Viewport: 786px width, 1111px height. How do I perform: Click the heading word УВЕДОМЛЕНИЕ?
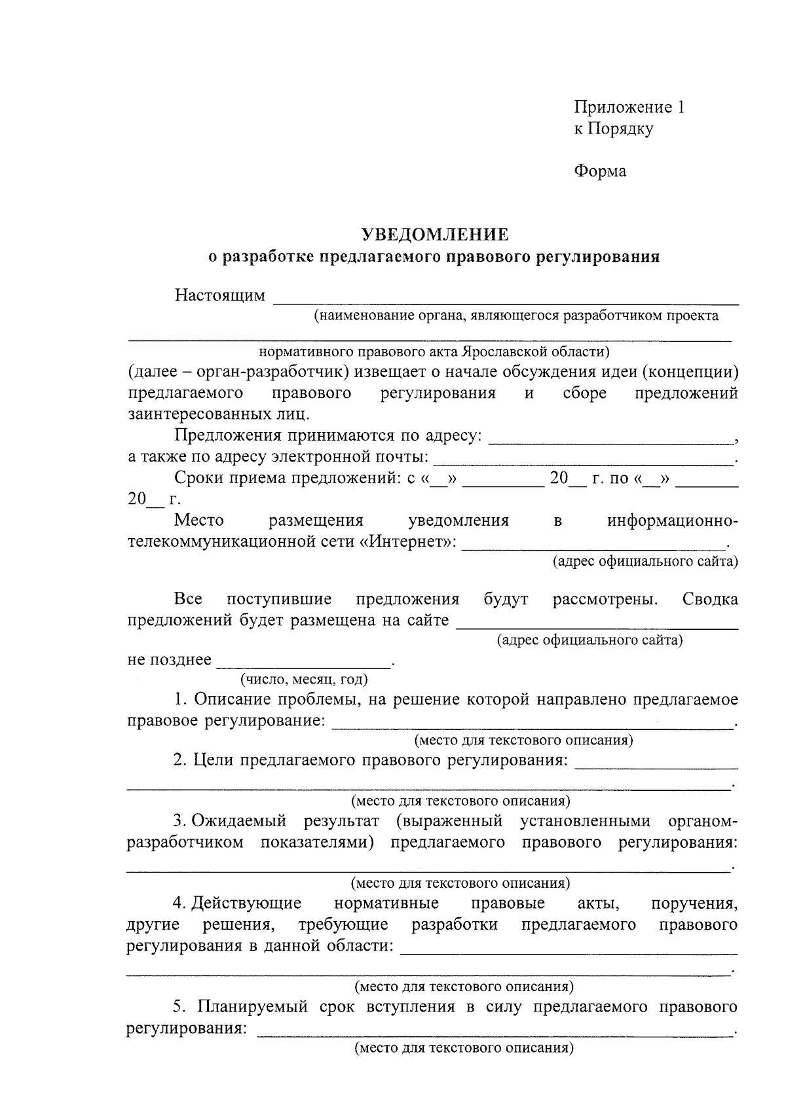(436, 234)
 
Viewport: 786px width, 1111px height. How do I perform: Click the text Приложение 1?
(629, 107)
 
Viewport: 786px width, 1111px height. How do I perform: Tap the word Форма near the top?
(600, 172)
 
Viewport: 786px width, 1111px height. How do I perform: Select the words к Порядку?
(613, 129)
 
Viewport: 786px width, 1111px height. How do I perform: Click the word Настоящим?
(220, 296)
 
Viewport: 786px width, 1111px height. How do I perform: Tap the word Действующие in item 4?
(246, 903)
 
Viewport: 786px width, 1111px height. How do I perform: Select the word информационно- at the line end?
(672, 521)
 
